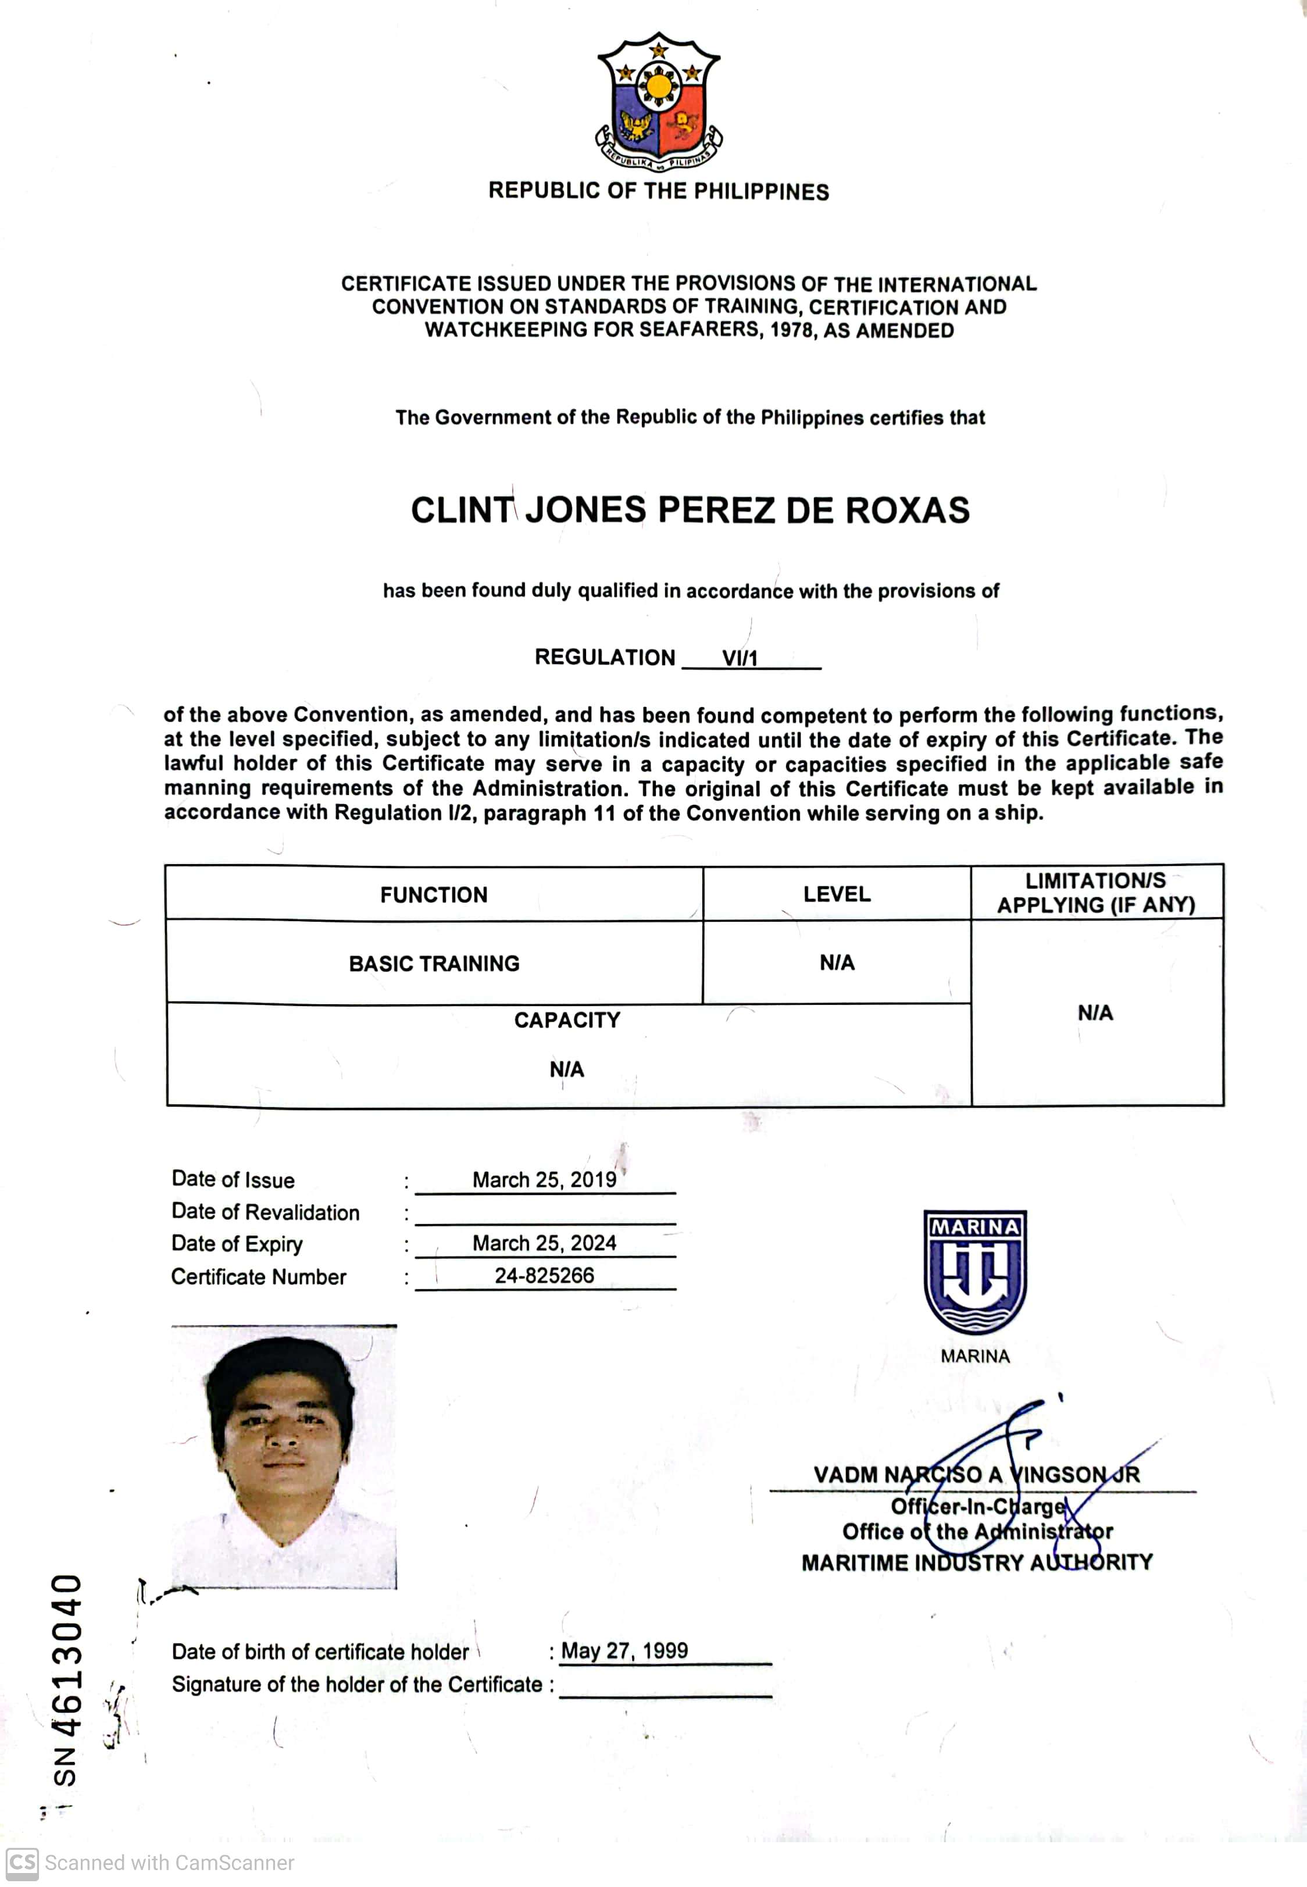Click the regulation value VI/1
click(x=740, y=658)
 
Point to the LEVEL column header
click(x=836, y=894)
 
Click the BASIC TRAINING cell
click(x=434, y=963)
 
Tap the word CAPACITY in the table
click(x=567, y=1019)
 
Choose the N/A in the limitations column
click(x=1095, y=1013)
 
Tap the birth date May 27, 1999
click(x=624, y=1651)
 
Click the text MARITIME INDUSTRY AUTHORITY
click(x=976, y=1563)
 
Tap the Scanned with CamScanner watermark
click(x=152, y=1863)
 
